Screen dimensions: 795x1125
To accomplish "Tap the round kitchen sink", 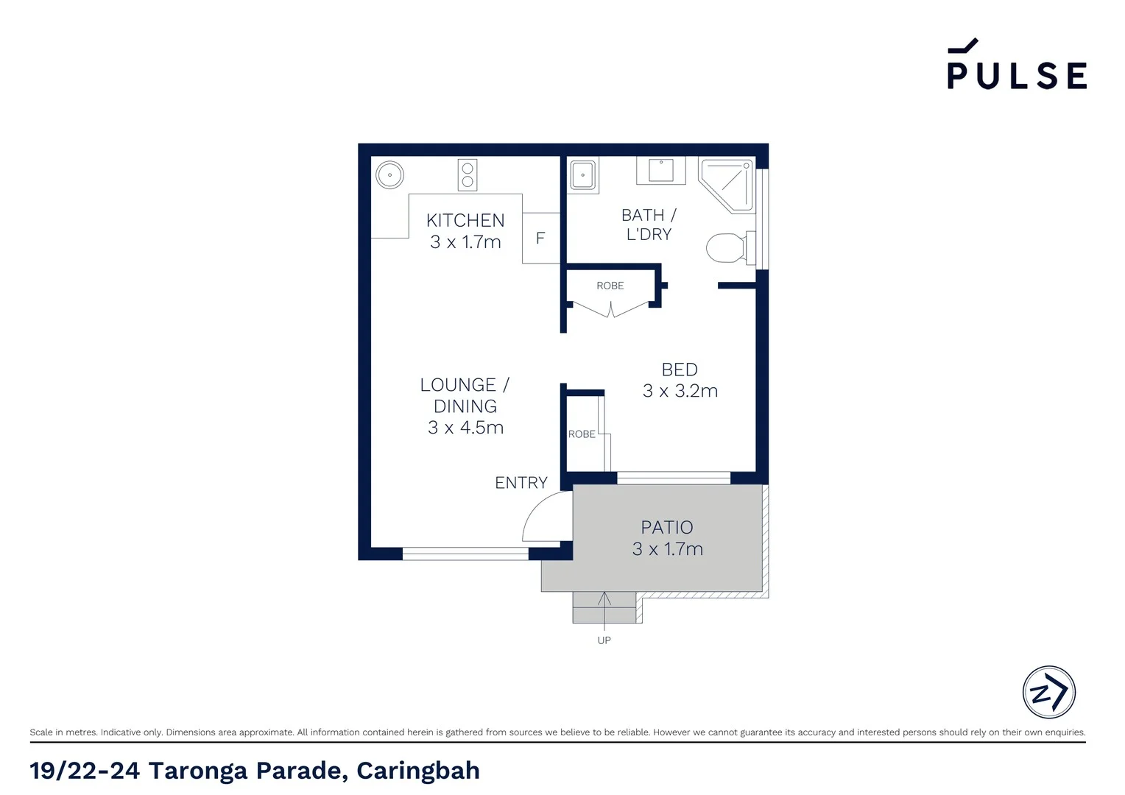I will [x=389, y=175].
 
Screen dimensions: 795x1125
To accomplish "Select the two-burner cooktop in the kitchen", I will [x=467, y=175].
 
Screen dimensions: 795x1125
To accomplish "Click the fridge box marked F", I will [x=541, y=238].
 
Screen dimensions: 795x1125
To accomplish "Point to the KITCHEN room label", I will [x=465, y=220].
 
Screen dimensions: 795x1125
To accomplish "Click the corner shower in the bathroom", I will [x=728, y=184].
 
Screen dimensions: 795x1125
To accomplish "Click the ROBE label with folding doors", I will [x=610, y=286].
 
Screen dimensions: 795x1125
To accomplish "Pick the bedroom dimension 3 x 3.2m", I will [x=680, y=391].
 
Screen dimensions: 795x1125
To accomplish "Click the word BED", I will [x=680, y=370].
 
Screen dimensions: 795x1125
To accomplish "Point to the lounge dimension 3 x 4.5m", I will [x=465, y=428].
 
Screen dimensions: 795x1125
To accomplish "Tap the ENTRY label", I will [x=521, y=483].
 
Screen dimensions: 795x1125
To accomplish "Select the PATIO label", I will [x=667, y=528].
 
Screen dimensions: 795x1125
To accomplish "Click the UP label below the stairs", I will [x=604, y=640].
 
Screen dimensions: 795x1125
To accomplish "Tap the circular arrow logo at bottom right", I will [x=1049, y=692].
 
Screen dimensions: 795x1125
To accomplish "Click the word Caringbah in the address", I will [x=418, y=771].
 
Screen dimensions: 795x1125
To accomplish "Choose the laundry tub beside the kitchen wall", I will [x=583, y=175].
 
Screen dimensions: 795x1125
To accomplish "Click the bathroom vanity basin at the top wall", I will [x=661, y=170].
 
